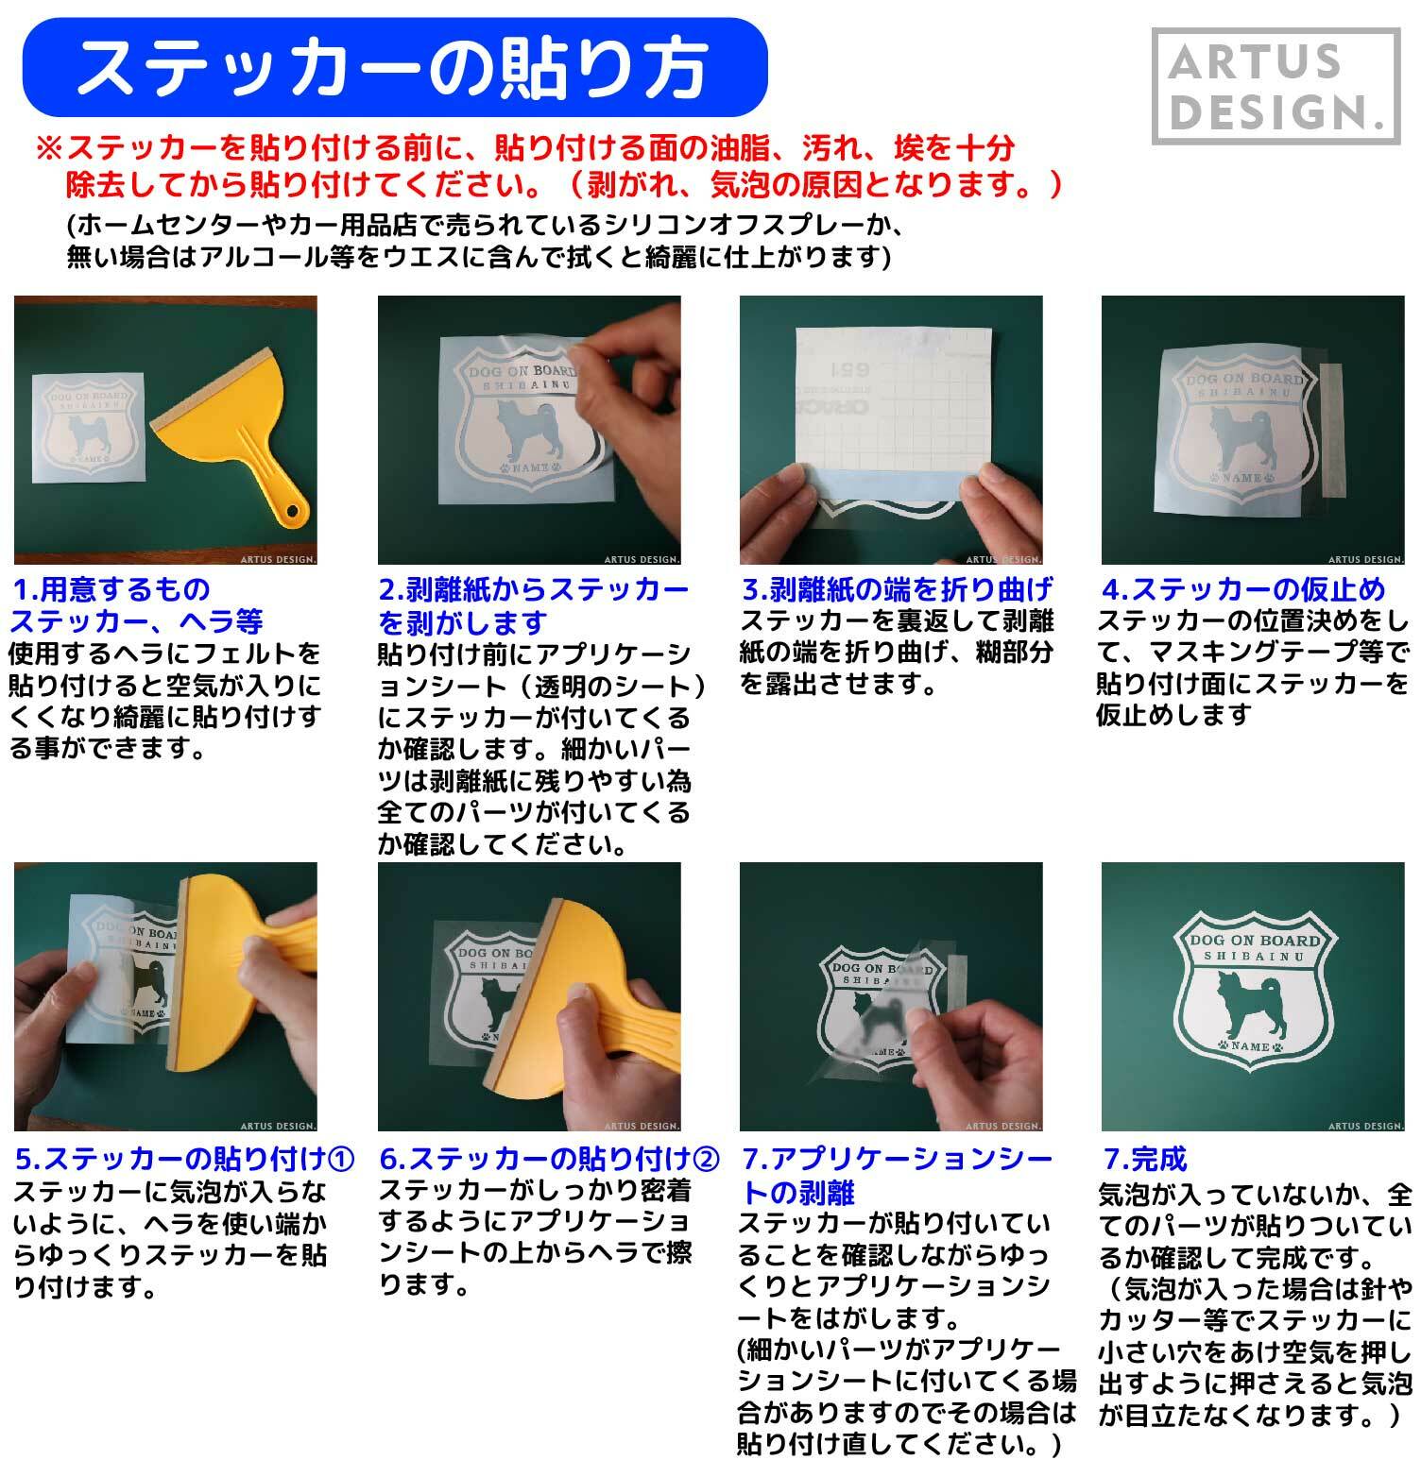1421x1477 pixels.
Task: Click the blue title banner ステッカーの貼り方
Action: [393, 67]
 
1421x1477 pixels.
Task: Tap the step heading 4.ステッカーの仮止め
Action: [1243, 590]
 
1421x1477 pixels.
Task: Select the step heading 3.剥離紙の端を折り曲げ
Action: [897, 590]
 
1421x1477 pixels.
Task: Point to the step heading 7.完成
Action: [1145, 1159]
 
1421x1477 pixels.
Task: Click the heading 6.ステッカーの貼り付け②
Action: [549, 1159]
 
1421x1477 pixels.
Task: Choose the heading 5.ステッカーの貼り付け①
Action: [185, 1159]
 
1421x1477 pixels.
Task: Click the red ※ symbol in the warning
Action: [48, 148]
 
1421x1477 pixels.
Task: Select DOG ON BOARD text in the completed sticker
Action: [1254, 941]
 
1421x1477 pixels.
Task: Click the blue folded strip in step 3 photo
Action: [890, 481]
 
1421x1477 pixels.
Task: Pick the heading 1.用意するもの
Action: [111, 590]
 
